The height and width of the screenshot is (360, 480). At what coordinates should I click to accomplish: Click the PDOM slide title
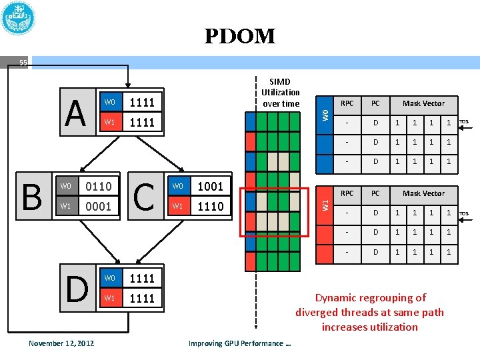(239, 36)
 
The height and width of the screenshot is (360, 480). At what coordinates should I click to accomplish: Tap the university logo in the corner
(18, 18)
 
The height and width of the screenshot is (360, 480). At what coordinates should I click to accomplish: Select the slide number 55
(23, 63)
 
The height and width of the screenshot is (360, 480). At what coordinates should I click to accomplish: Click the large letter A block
(76, 112)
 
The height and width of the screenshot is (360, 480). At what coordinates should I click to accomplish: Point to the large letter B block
(32, 196)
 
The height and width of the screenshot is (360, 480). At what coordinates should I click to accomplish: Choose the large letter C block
(145, 196)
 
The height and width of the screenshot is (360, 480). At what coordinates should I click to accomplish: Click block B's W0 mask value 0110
(98, 186)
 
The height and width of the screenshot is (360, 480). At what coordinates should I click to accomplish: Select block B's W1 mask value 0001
(98, 206)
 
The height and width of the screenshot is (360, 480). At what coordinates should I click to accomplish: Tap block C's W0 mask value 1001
(211, 186)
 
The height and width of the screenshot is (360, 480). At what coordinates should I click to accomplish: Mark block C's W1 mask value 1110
(211, 206)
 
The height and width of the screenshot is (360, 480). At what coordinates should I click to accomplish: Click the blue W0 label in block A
(110, 102)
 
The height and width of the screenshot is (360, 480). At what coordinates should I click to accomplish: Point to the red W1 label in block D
(110, 298)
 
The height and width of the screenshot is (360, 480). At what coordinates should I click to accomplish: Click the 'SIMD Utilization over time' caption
(281, 92)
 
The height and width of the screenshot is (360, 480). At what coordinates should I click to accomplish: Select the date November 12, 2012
(61, 343)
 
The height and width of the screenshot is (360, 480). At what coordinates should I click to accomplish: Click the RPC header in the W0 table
(347, 103)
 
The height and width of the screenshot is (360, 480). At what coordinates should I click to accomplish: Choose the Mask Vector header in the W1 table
(423, 193)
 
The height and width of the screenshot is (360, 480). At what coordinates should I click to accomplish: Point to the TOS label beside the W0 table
(465, 121)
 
